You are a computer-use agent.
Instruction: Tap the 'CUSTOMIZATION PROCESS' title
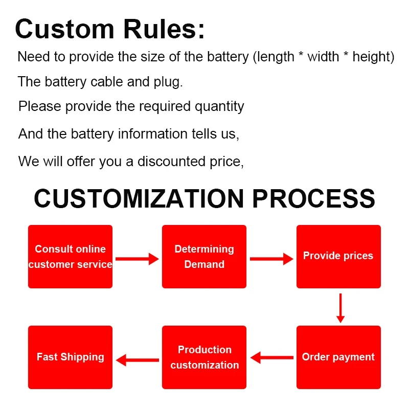pyautogui.click(x=204, y=198)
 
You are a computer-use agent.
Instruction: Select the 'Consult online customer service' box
pyautogui.click(x=70, y=257)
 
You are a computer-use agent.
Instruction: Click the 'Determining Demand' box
pyautogui.click(x=204, y=257)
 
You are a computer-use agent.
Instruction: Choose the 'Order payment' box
pyautogui.click(x=338, y=357)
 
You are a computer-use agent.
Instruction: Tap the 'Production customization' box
pyautogui.click(x=204, y=357)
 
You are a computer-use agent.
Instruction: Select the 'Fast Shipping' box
pyautogui.click(x=70, y=357)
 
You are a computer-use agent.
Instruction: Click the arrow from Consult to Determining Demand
pyautogui.click(x=137, y=259)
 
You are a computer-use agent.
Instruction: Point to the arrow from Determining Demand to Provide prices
pyautogui.click(x=271, y=259)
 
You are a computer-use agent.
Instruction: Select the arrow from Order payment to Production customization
pyautogui.click(x=271, y=357)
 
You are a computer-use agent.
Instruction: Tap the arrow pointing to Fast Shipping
pyautogui.click(x=138, y=360)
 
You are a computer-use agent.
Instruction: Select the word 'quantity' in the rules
pyautogui.click(x=219, y=107)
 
